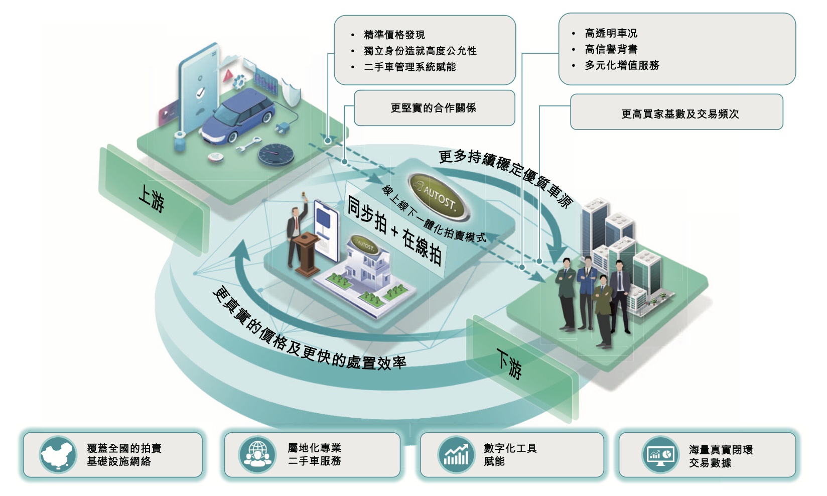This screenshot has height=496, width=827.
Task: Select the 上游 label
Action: pos(151,198)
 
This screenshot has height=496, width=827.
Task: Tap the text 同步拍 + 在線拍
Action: pos(394,230)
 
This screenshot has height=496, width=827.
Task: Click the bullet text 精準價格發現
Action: pos(394,35)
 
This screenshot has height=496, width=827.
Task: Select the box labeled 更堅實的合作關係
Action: pos(434,108)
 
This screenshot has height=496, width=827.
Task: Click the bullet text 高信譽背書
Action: pos(611,49)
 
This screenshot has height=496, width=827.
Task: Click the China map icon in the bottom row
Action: pos(58,455)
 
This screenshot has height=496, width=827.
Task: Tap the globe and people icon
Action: pos(256,454)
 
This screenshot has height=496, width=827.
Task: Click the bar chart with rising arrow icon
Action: pos(456,455)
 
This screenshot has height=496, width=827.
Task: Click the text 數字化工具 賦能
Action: pos(509,454)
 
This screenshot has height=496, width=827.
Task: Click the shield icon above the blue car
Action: pos(291,91)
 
